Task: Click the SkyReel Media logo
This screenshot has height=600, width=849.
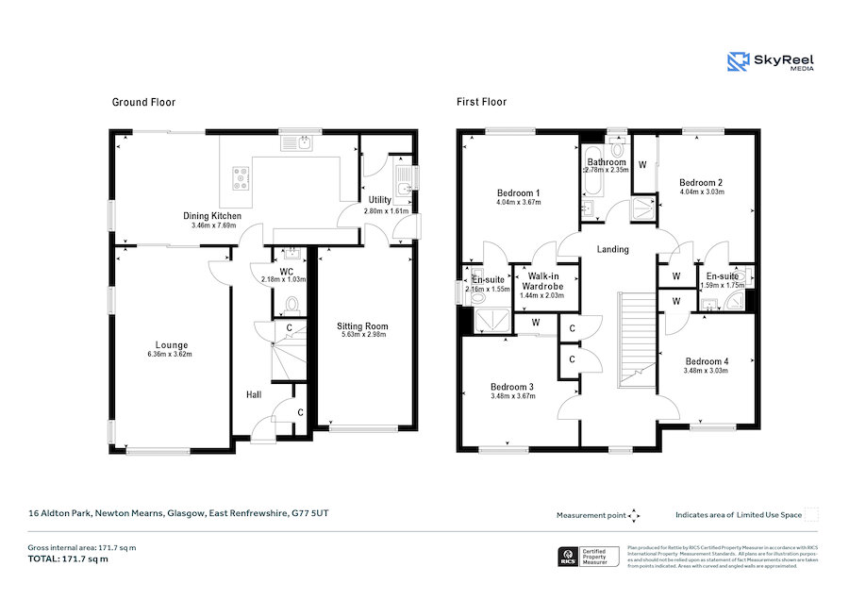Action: pyautogui.click(x=771, y=62)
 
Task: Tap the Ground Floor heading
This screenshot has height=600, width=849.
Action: pyautogui.click(x=143, y=102)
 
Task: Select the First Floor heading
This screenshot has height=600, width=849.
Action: pyautogui.click(x=481, y=102)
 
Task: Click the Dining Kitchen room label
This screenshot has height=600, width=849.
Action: pyautogui.click(x=211, y=216)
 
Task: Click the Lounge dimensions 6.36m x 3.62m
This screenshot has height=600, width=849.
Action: pyautogui.click(x=170, y=355)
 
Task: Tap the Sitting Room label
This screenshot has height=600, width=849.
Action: pyautogui.click(x=363, y=326)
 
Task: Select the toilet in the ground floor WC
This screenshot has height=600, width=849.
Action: pyautogui.click(x=291, y=305)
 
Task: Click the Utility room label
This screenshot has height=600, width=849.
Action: pyautogui.click(x=380, y=200)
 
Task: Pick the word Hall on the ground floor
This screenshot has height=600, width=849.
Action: pyautogui.click(x=255, y=394)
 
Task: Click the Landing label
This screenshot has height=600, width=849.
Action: pyautogui.click(x=613, y=249)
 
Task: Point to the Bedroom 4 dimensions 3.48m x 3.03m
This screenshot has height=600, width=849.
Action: pyautogui.click(x=707, y=371)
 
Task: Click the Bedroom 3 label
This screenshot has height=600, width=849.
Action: pyautogui.click(x=512, y=386)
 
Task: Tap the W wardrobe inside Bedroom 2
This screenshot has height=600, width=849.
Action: pyautogui.click(x=643, y=165)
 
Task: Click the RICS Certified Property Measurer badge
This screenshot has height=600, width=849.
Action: pyautogui.click(x=590, y=557)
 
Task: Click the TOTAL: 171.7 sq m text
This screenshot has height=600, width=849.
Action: pyautogui.click(x=67, y=558)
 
